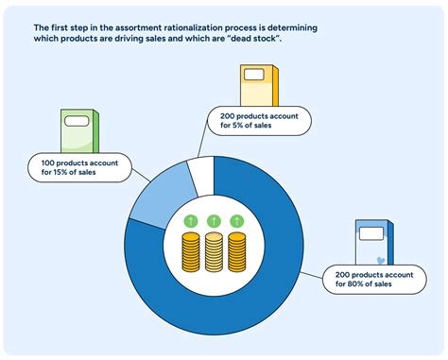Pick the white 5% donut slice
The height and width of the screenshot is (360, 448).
point(200,174)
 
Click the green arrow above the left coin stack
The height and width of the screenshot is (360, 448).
point(191,221)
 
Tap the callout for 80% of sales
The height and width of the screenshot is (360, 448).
point(375,280)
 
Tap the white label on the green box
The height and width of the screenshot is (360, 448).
point(77,120)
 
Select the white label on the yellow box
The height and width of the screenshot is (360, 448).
point(252,76)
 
